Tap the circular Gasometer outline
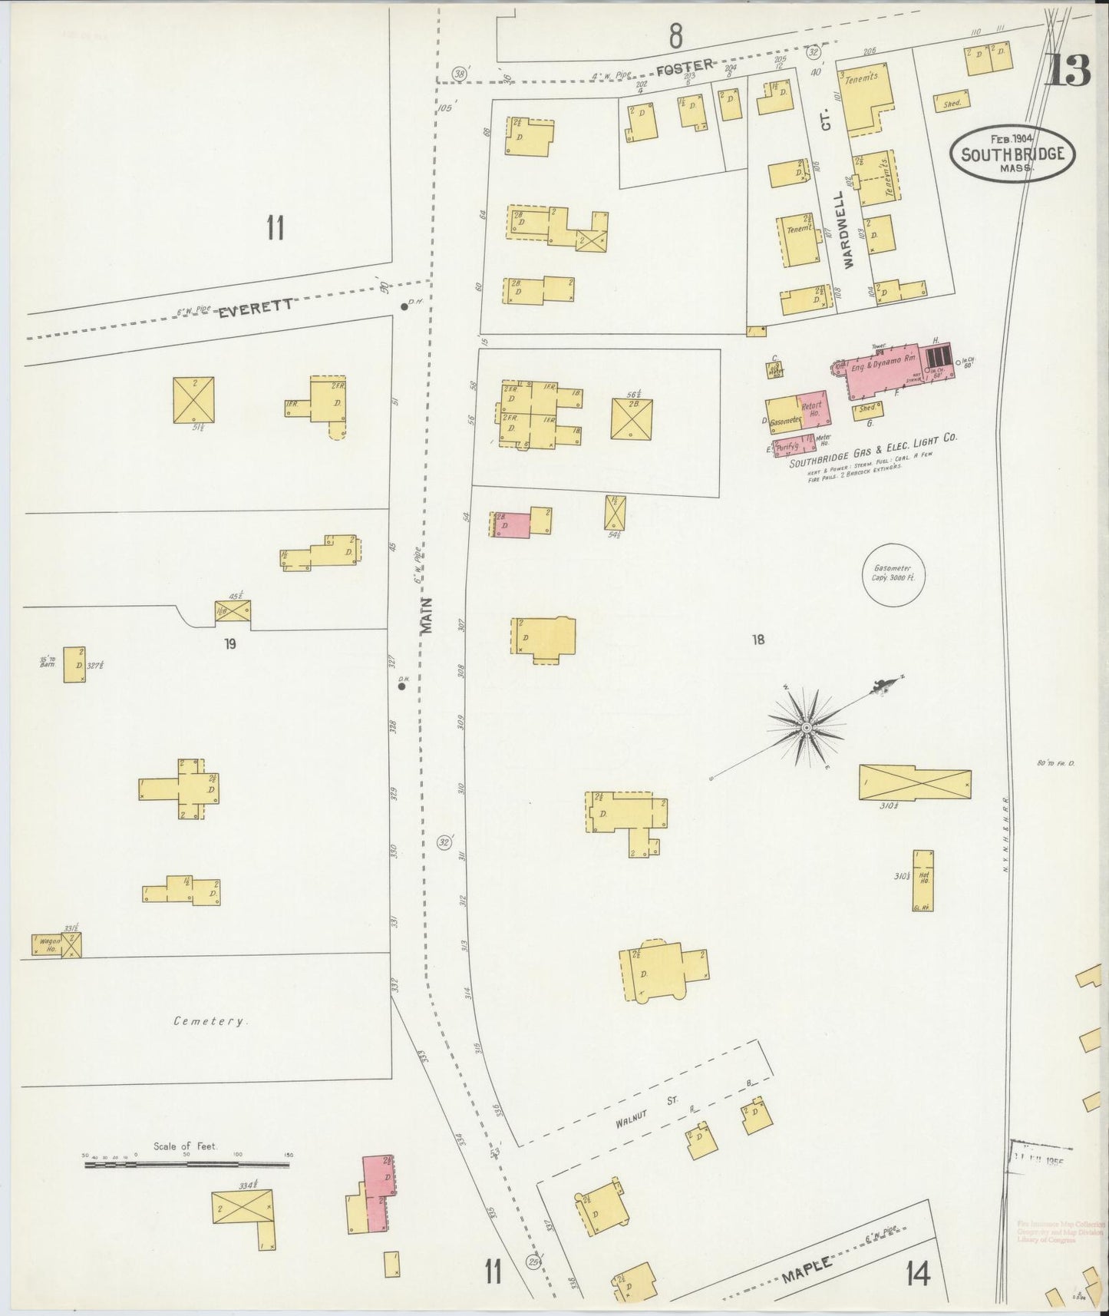[894, 575]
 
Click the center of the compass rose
[807, 726]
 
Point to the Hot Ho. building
[923, 879]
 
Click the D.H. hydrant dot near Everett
[404, 307]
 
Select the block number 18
[758, 639]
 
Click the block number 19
[229, 644]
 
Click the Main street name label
[427, 615]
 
